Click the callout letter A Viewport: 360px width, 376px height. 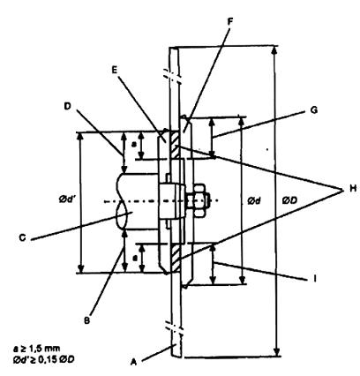click(x=134, y=362)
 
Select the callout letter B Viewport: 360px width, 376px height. click(x=86, y=320)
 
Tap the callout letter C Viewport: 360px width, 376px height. click(x=22, y=237)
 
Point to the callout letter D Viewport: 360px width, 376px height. click(x=68, y=106)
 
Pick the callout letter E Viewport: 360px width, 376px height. click(x=115, y=70)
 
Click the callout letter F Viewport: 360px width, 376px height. click(x=230, y=21)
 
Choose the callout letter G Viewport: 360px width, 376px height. click(x=314, y=110)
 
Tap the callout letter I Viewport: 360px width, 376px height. click(x=315, y=278)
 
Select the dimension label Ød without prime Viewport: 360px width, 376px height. click(x=254, y=201)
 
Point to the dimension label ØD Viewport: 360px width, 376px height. click(x=290, y=200)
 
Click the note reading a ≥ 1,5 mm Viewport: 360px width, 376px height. click(x=37, y=349)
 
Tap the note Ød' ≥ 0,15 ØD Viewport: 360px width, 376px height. click(x=43, y=359)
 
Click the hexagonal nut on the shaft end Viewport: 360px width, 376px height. click(x=199, y=200)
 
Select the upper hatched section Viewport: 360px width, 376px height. click(x=174, y=145)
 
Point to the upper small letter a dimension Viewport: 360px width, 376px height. click(x=134, y=145)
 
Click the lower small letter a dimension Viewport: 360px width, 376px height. click(x=134, y=258)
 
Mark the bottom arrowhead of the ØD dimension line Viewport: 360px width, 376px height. click(x=276, y=352)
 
